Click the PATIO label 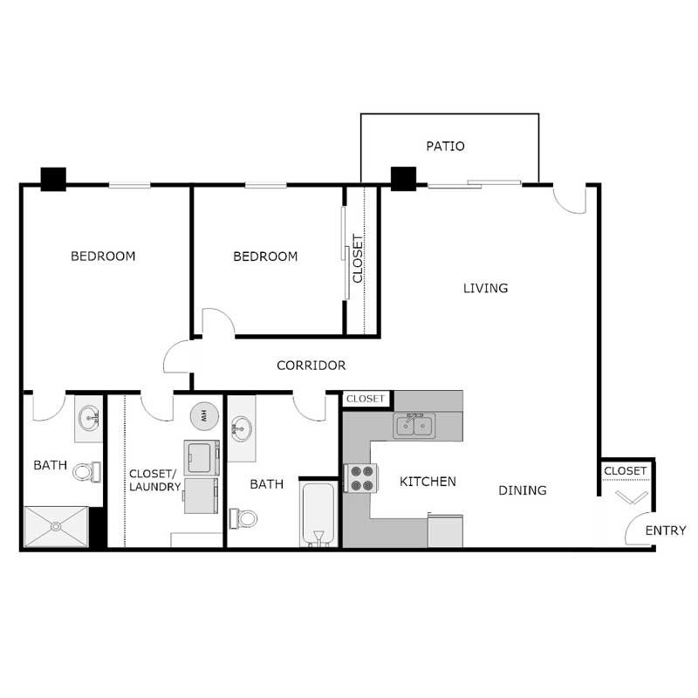[x=445, y=147]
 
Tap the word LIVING [x=485, y=288]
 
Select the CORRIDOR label [x=311, y=366]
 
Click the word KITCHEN [x=428, y=482]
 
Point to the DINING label [x=523, y=490]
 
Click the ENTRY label [x=666, y=530]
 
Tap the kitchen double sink [x=414, y=426]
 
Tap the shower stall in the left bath [x=56, y=526]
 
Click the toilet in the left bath [x=85, y=472]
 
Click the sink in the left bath [x=88, y=418]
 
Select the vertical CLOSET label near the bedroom [x=358, y=259]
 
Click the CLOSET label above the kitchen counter [x=366, y=399]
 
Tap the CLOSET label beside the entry [x=626, y=471]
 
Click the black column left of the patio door [x=403, y=178]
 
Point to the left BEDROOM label [x=103, y=257]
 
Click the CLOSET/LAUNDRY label [x=154, y=480]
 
